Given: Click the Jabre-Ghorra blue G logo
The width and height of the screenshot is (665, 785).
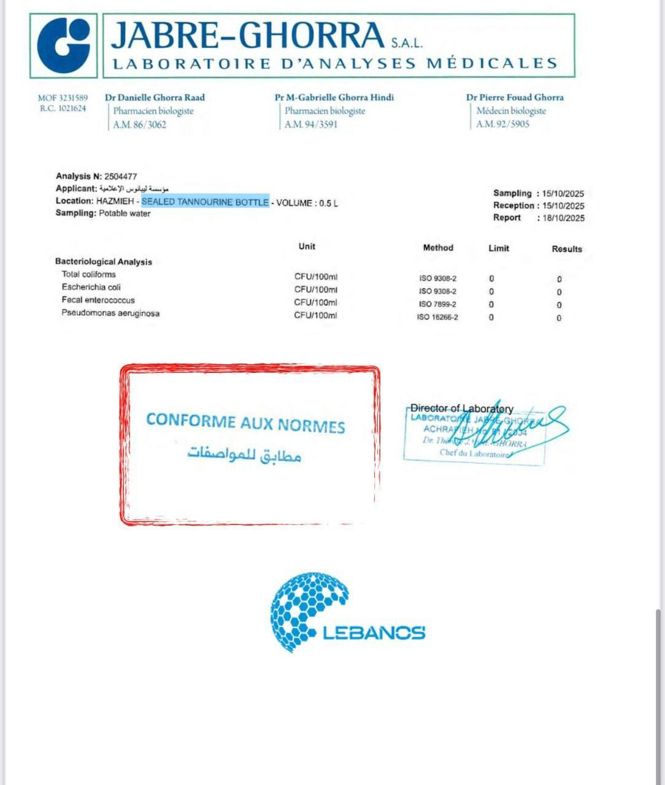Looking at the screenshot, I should (x=63, y=45).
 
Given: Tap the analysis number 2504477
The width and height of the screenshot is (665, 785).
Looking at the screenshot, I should (x=120, y=176).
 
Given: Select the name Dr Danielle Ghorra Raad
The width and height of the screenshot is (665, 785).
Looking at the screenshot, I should (x=155, y=97).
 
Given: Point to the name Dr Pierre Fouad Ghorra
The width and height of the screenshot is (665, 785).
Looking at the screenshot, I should (x=514, y=97).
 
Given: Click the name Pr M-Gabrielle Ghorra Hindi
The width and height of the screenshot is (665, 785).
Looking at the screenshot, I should (x=334, y=97).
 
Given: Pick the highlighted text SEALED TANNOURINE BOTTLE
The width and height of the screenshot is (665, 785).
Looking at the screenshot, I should (x=205, y=202).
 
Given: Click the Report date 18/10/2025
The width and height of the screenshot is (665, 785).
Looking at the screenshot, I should (x=563, y=218).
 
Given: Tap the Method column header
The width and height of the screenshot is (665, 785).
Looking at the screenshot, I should (x=437, y=248).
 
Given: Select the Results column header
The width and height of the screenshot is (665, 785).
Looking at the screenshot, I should (x=566, y=249).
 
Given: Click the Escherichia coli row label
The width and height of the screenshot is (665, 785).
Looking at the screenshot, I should (x=91, y=287).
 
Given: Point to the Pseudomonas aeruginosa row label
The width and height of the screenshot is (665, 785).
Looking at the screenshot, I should (x=110, y=313).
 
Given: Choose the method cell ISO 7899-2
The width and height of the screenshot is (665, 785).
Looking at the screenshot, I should (x=437, y=304).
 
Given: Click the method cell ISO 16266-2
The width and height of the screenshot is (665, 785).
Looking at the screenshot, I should (x=437, y=318).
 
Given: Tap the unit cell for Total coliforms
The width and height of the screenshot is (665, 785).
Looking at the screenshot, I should (x=315, y=277).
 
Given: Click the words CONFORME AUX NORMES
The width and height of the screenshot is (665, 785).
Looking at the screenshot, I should (x=245, y=423).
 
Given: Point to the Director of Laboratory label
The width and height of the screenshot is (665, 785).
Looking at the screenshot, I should (x=461, y=408).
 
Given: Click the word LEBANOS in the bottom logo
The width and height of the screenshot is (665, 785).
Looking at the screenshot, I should (x=374, y=633).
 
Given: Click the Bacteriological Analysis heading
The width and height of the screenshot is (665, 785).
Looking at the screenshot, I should (x=103, y=262).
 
